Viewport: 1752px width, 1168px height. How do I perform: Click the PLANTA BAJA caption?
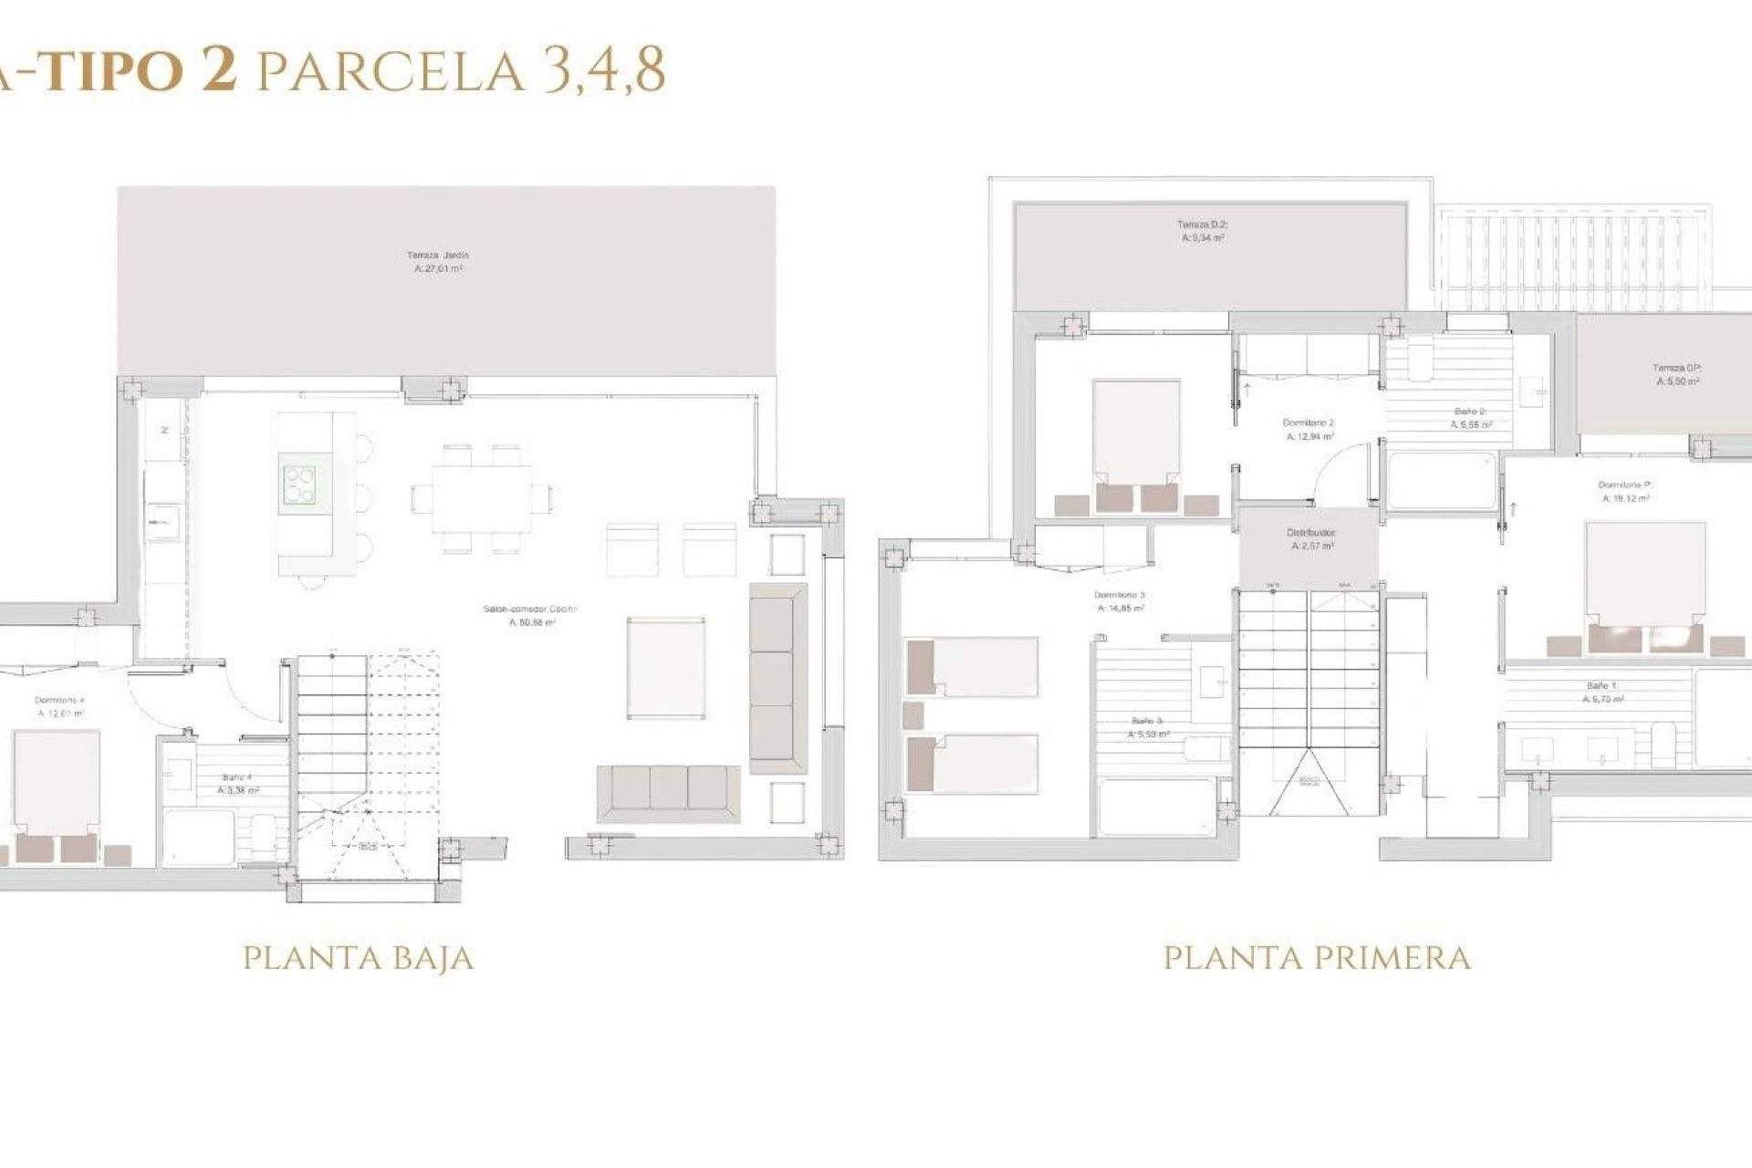pos(358,959)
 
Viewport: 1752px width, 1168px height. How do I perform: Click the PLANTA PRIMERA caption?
pos(1317,959)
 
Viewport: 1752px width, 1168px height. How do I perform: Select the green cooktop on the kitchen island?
pos(299,485)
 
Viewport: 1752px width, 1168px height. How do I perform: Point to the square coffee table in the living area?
pos(666,668)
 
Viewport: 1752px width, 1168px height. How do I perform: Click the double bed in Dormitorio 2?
pos(1136,444)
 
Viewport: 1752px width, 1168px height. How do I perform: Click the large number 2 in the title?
pos(219,70)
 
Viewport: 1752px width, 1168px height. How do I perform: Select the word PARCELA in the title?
pos(391,70)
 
